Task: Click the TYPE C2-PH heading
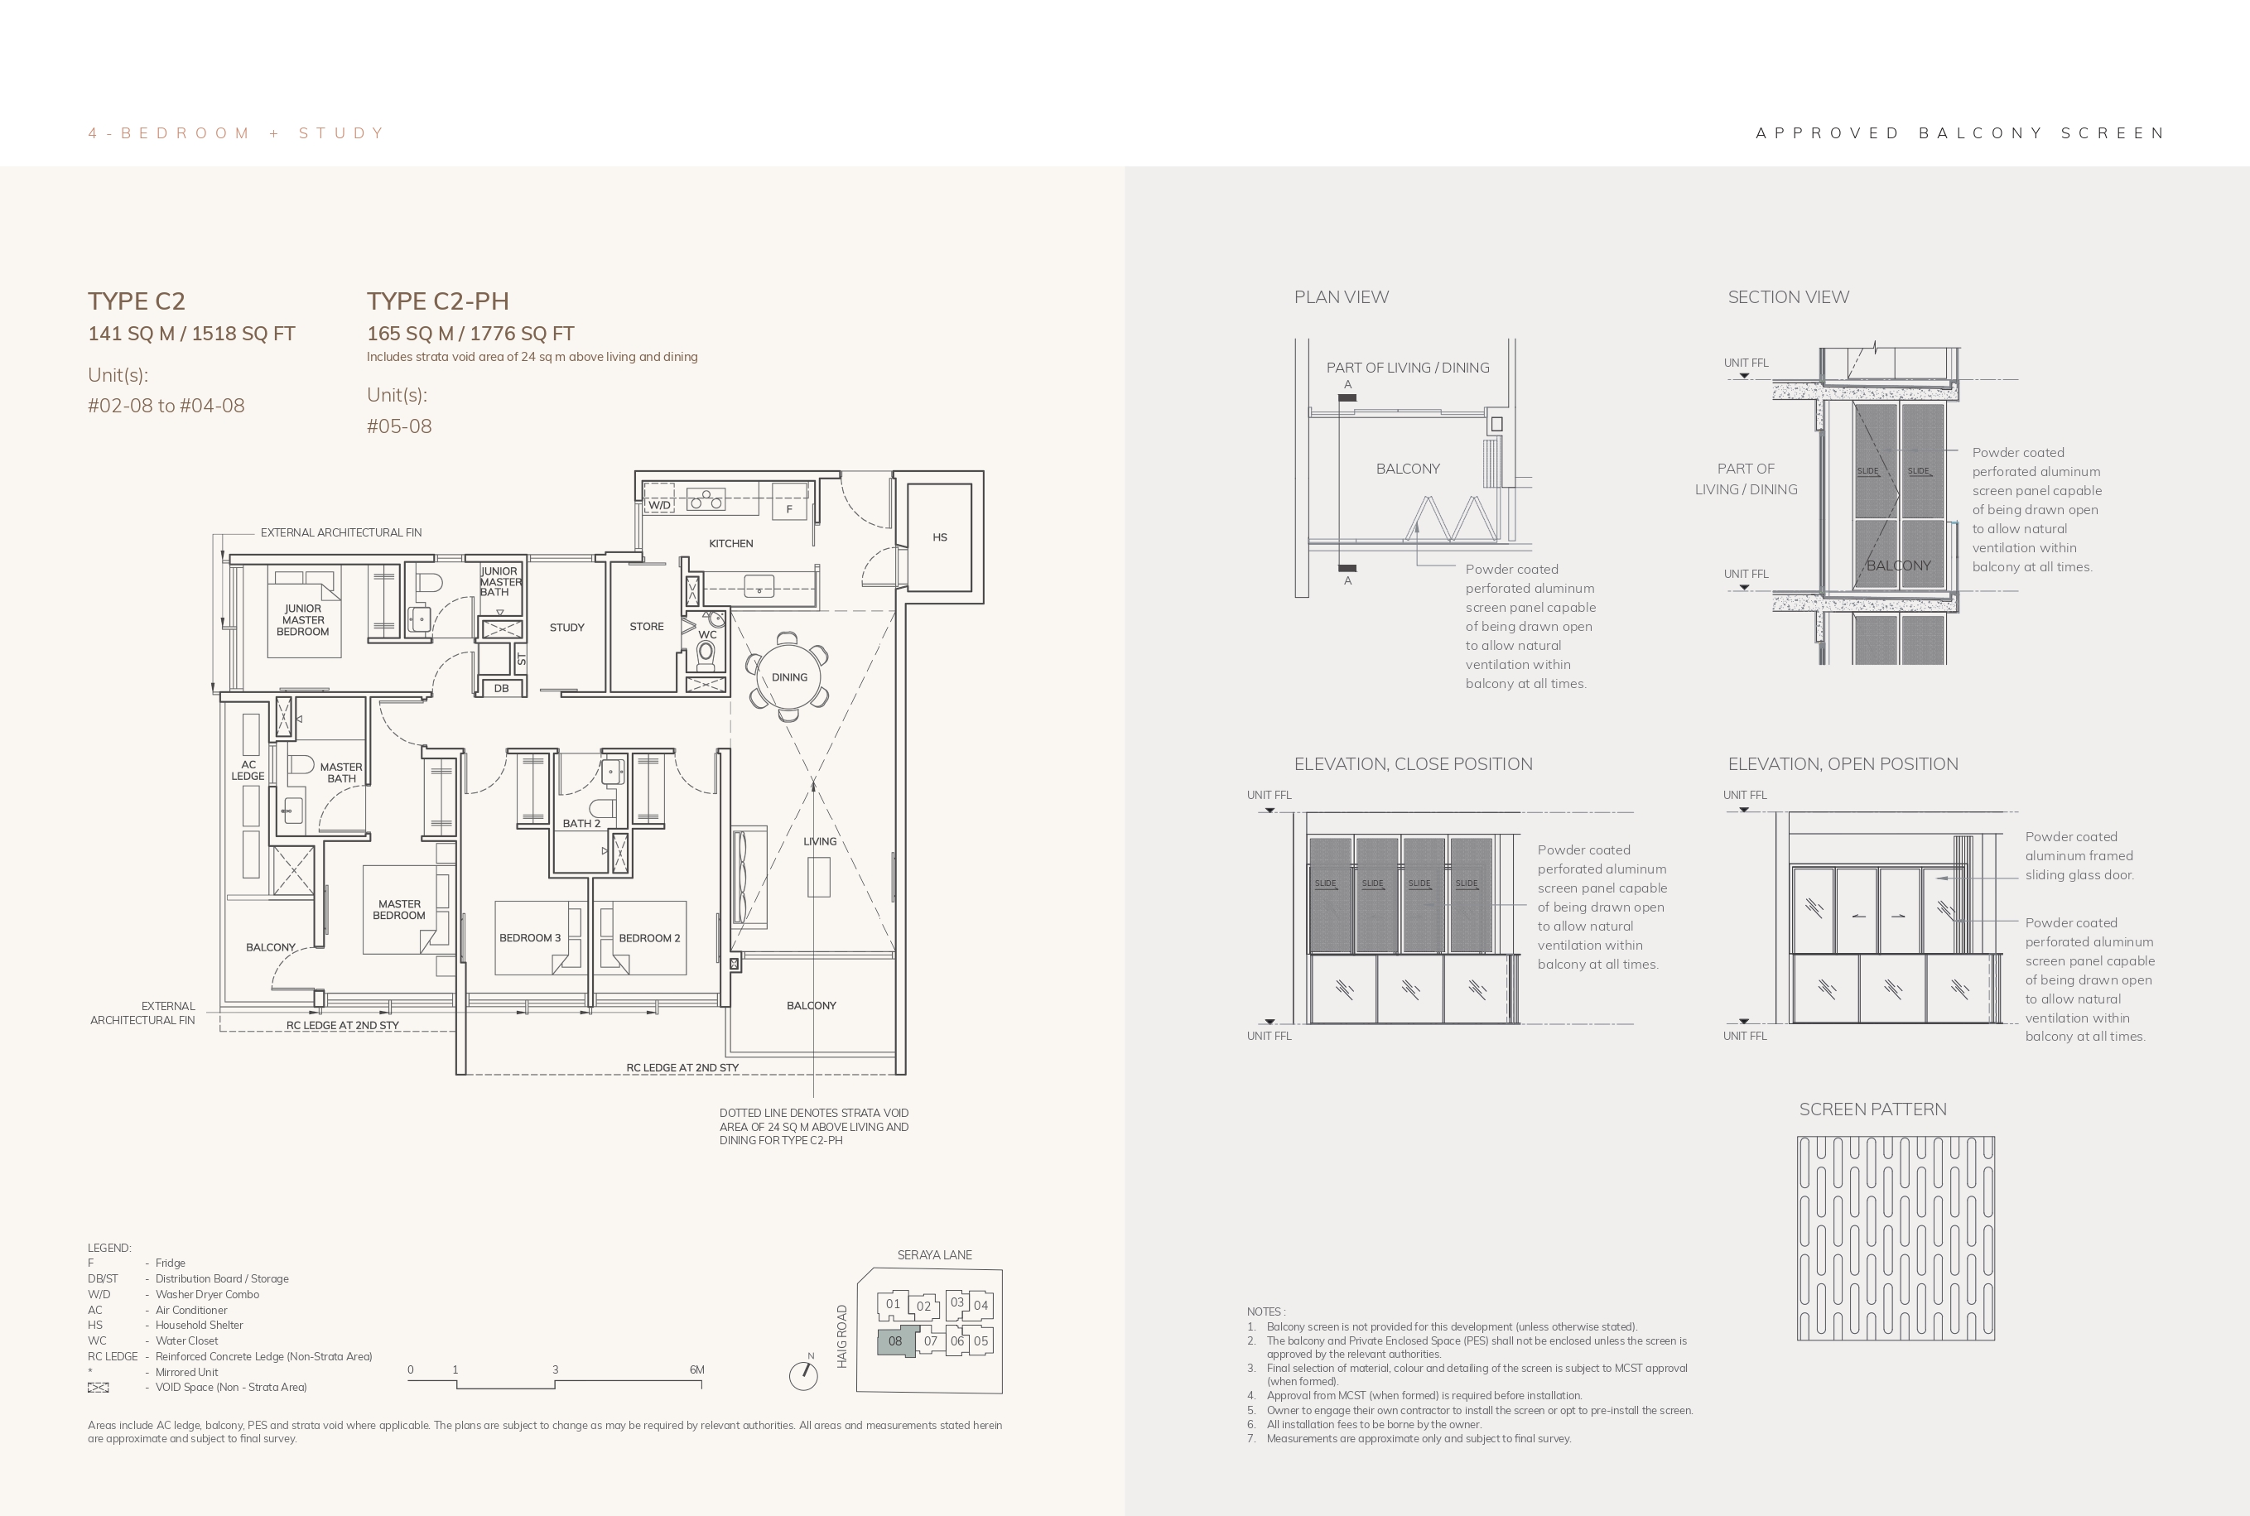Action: (438, 301)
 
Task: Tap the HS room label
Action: (940, 537)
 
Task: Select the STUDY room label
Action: (566, 628)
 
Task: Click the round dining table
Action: (789, 676)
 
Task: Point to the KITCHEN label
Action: (731, 543)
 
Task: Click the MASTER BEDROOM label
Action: (399, 910)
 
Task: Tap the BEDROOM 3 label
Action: (530, 938)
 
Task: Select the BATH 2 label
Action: (581, 824)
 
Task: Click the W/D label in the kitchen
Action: (659, 505)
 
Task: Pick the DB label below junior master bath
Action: (501, 688)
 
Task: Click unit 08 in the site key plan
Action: (895, 1341)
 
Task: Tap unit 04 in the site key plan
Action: (980, 1305)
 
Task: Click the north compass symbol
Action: (803, 1374)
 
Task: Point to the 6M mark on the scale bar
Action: (697, 1370)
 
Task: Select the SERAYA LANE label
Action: (934, 1255)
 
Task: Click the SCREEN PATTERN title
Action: (1873, 1109)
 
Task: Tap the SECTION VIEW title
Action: (1789, 296)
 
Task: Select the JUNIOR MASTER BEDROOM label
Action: (302, 620)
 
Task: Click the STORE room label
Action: (647, 627)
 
